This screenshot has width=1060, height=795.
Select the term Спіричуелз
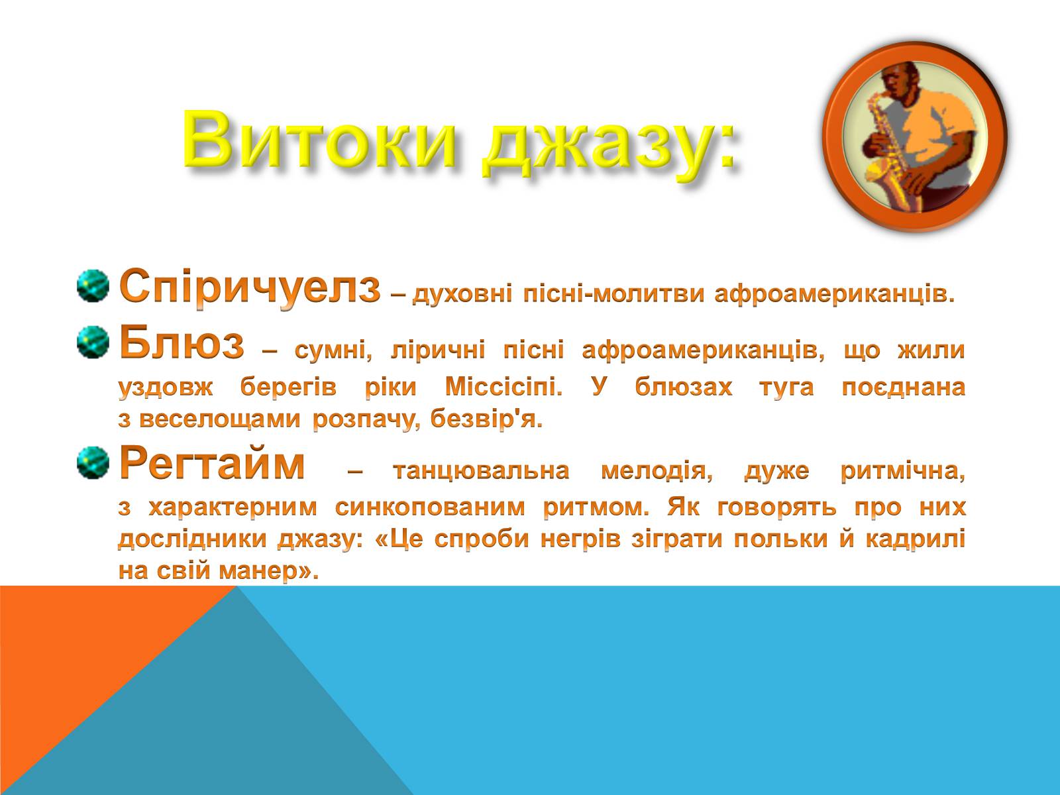click(250, 288)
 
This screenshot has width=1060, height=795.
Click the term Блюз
click(182, 343)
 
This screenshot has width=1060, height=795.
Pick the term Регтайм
click(212, 464)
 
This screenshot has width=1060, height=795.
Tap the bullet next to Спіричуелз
click(93, 286)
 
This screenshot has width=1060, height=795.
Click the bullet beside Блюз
click(93, 343)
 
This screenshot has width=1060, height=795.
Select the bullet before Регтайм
click(93, 463)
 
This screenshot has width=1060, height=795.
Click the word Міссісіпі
click(503, 387)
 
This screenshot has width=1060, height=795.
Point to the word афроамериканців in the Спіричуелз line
click(835, 295)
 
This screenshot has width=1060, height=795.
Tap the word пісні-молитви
click(613, 294)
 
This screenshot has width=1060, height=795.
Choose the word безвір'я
click(487, 419)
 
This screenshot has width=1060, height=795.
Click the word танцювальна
click(481, 471)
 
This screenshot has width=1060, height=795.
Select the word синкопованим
click(430, 507)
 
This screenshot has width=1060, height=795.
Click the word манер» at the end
click(269, 571)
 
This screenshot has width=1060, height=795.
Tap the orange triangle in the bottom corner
click(78, 647)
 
